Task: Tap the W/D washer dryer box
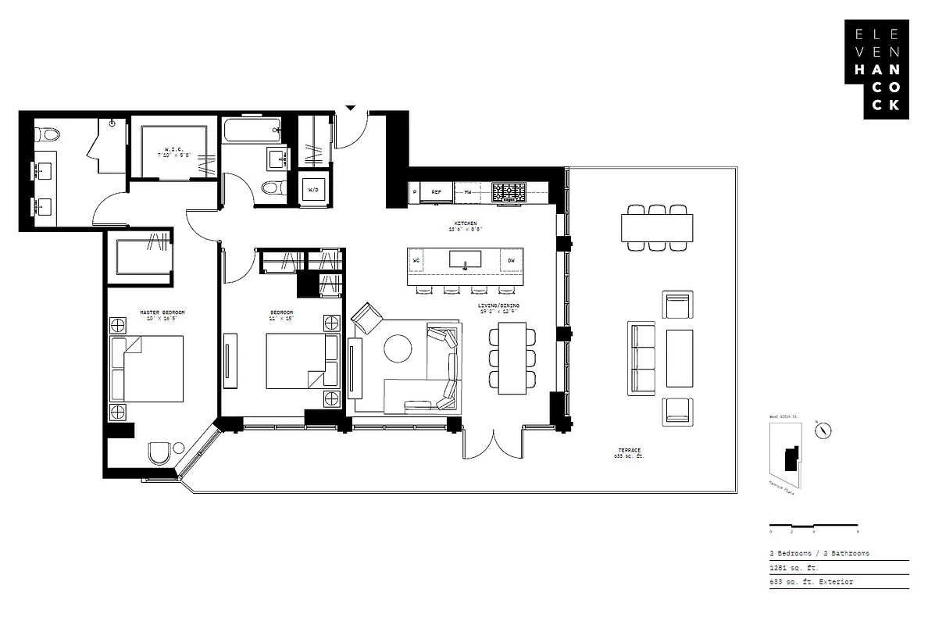coord(313,190)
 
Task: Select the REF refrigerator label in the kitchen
coord(437,191)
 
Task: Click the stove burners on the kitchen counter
coord(509,192)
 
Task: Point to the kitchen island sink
coord(465,260)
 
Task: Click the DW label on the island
coord(511,260)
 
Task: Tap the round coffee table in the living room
coord(398,348)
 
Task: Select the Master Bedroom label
coord(162,315)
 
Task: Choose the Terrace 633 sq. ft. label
coord(629,453)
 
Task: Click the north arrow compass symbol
coord(823,430)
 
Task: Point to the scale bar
coord(813,525)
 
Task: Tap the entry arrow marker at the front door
coord(351,108)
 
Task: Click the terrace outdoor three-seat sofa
coord(641,358)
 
